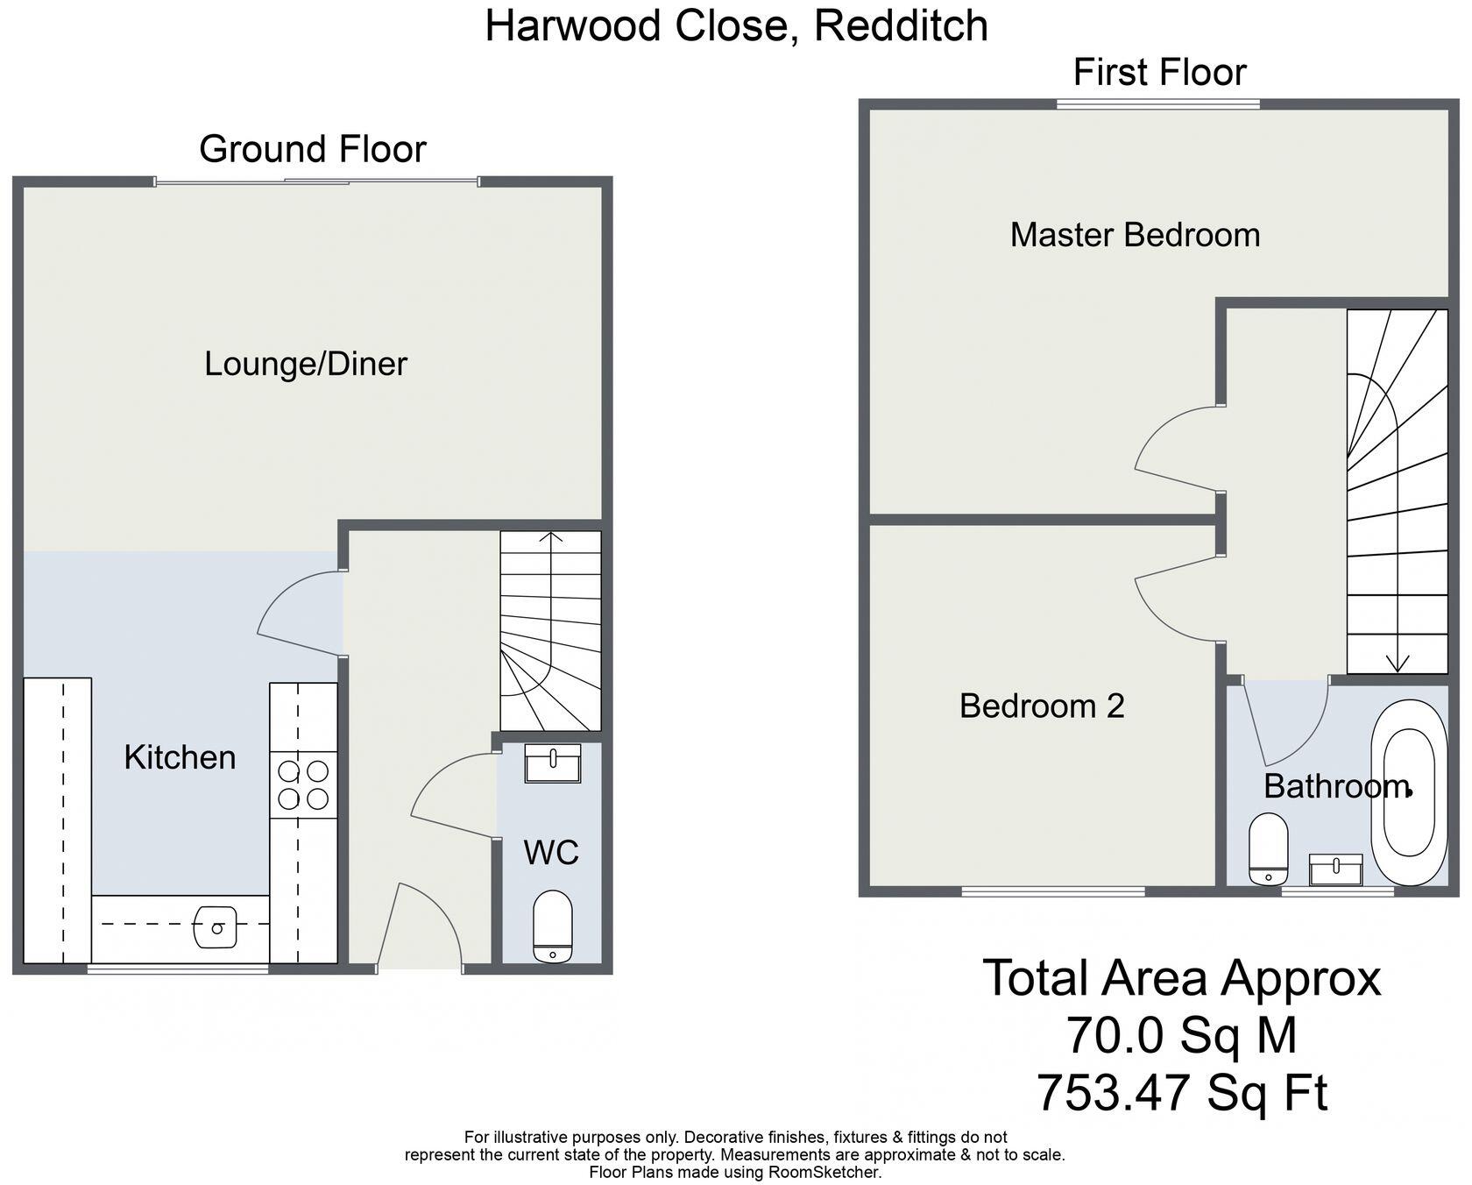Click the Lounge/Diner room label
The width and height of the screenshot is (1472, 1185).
click(306, 364)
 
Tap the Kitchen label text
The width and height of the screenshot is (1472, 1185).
click(180, 757)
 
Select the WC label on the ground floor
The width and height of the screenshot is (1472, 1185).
click(551, 852)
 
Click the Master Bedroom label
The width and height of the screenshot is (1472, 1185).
click(1135, 235)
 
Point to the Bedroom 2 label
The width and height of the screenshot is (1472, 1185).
click(1042, 706)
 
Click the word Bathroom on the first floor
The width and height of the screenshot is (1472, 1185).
click(1335, 786)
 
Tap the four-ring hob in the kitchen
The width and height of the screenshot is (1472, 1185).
click(303, 784)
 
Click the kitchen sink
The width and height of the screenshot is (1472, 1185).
click(216, 926)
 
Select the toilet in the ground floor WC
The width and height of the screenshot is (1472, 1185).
click(552, 926)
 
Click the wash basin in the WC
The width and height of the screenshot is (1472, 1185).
click(552, 763)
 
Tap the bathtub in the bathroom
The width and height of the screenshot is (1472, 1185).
click(1409, 792)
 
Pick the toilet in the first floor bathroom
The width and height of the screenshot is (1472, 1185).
click(1268, 849)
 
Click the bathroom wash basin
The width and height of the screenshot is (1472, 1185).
click(1335, 869)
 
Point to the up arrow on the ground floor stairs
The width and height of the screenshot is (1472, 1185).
click(551, 537)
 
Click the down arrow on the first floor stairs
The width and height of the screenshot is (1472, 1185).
click(1398, 663)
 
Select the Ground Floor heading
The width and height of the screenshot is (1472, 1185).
click(312, 149)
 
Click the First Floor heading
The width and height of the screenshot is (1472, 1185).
click(1159, 72)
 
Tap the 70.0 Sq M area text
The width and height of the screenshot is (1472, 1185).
click(1181, 1035)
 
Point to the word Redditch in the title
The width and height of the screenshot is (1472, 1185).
click(901, 25)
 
